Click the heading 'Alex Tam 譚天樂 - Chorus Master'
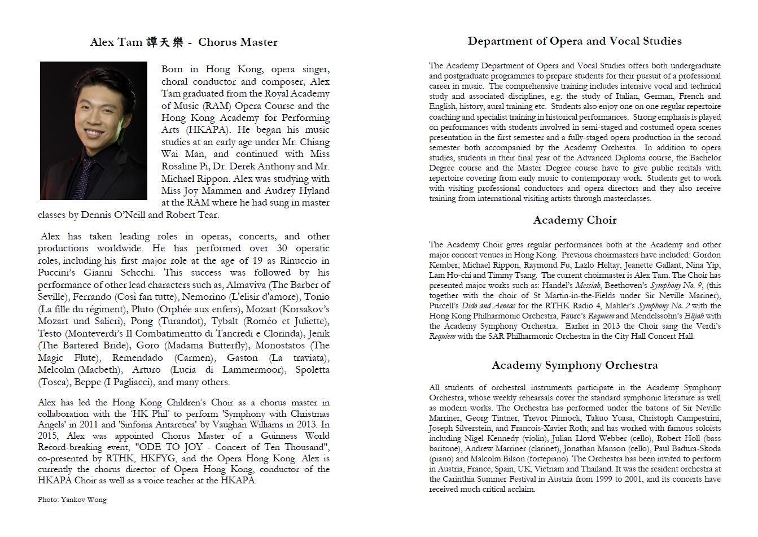pyautogui.click(x=183, y=42)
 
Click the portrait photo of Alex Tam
pyautogui.click(x=93, y=130)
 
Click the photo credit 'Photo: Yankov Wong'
pyautogui.click(x=72, y=500)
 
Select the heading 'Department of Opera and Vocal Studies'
pyautogui.click(x=575, y=41)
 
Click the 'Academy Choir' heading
pyautogui.click(x=575, y=220)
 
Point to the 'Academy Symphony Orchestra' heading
pyautogui.click(x=575, y=365)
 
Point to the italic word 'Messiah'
pyautogui.click(x=609, y=286)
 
